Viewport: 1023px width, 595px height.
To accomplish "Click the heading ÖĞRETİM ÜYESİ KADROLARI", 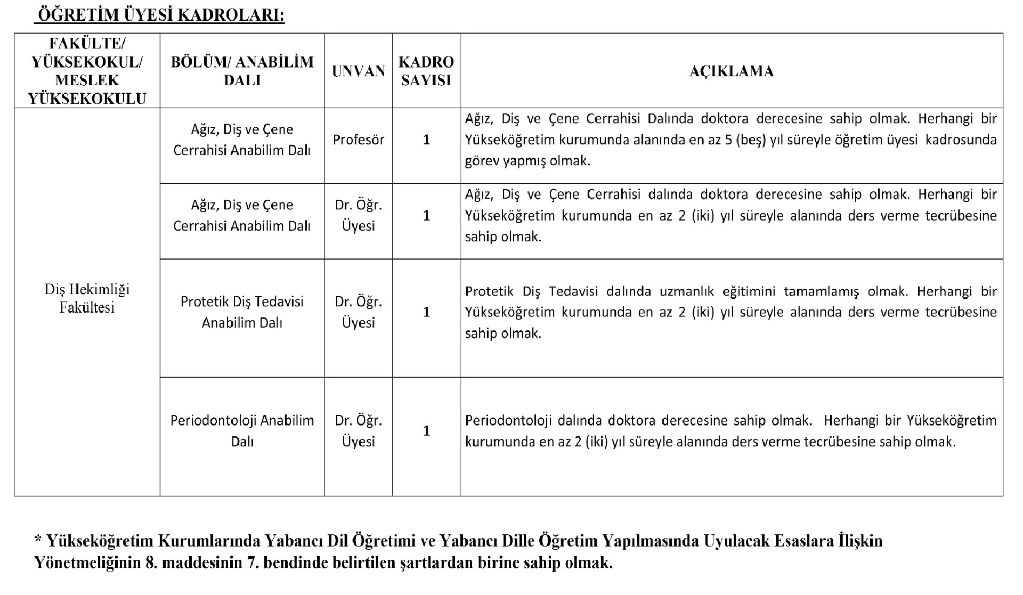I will tap(160, 16).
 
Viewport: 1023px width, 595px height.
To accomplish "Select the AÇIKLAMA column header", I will tap(731, 71).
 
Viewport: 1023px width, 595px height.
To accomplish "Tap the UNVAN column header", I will tap(359, 71).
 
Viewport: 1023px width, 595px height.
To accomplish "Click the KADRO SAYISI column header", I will tap(426, 71).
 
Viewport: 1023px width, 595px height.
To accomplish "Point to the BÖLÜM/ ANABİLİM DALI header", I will tap(242, 71).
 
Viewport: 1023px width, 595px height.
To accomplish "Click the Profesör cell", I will tap(359, 140).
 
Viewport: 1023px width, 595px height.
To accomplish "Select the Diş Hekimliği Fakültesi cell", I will tap(87, 299).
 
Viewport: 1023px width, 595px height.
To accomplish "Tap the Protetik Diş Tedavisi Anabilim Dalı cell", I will tap(242, 312).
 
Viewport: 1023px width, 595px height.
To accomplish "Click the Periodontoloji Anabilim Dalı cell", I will tap(242, 431).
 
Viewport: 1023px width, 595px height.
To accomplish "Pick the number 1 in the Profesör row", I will tap(426, 140).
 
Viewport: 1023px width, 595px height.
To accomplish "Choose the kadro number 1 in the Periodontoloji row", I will tap(426, 431).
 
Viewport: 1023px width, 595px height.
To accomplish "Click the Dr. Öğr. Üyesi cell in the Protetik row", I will tap(359, 312).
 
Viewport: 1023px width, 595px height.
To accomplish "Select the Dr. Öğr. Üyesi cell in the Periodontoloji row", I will tap(359, 431).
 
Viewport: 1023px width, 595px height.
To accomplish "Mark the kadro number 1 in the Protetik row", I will tap(426, 312).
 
